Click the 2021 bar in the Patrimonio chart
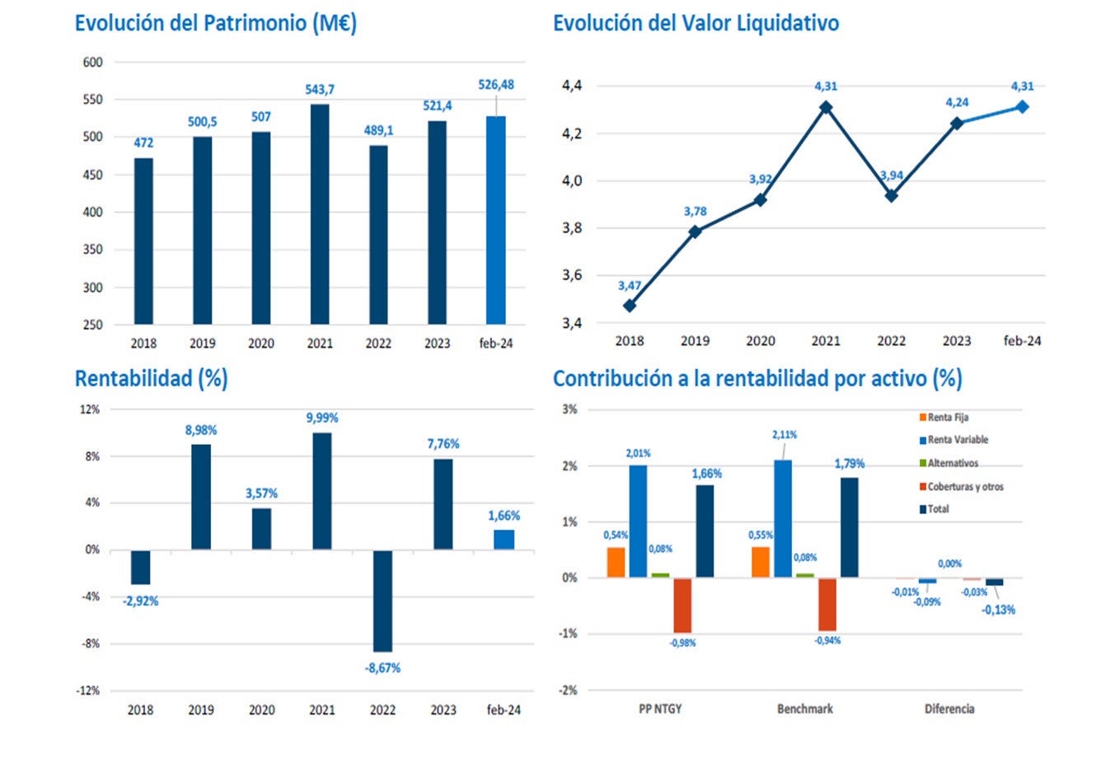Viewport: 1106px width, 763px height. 320,214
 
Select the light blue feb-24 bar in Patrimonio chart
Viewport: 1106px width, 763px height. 495,220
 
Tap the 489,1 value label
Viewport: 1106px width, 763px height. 378,130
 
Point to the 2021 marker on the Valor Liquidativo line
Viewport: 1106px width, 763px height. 825,107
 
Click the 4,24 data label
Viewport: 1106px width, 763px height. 957,102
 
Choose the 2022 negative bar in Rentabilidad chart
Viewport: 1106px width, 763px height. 382,601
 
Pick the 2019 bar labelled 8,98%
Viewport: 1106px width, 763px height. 201,497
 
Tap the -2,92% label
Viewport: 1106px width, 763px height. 140,602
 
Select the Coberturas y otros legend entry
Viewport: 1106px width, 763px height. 961,486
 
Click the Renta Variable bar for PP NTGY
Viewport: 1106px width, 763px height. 638,521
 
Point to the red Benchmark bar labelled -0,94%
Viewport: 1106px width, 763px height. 827,604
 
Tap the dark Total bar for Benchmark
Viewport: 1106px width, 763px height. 849,527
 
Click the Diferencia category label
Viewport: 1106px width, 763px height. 949,709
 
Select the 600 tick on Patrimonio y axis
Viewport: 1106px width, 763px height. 92,62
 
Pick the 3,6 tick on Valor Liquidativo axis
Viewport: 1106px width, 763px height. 571,275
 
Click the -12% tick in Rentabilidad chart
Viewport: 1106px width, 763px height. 87,690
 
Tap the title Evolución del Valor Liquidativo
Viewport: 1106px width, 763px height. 696,23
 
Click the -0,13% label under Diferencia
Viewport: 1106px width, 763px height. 998,610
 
